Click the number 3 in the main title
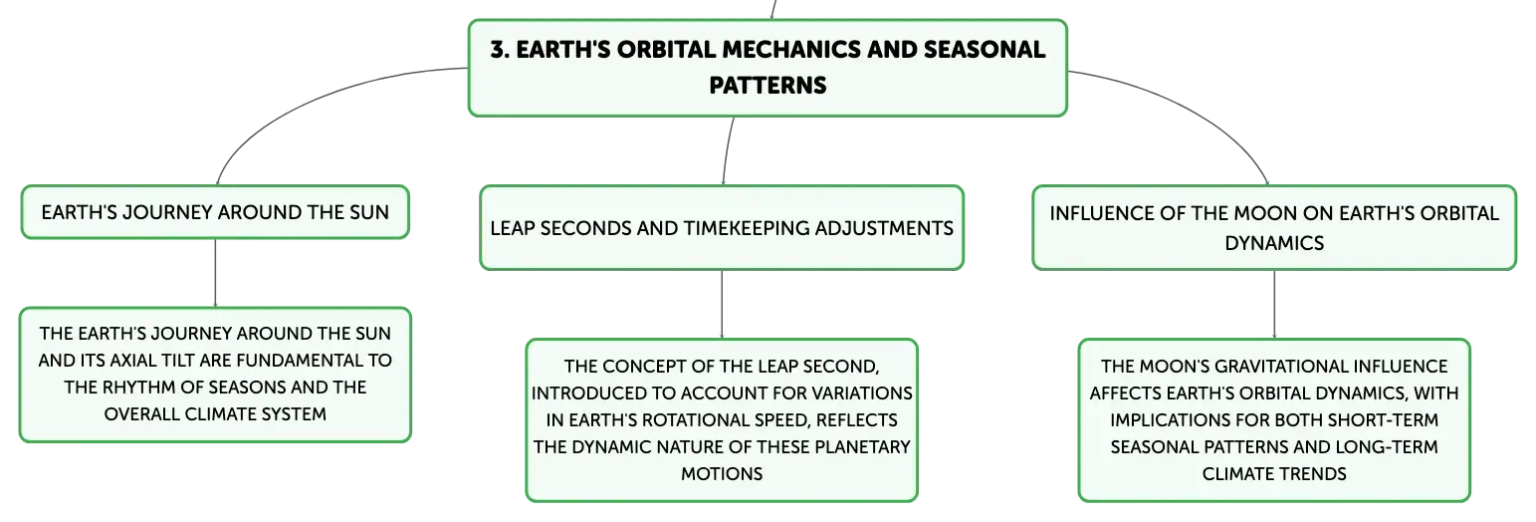click(499, 50)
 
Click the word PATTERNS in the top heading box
click(768, 85)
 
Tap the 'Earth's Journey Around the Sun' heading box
click(215, 212)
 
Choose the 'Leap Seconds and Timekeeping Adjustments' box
click(722, 228)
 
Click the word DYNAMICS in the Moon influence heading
click(1274, 243)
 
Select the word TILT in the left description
click(180, 360)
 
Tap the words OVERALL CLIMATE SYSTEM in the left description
click(215, 414)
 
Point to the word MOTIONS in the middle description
click(722, 474)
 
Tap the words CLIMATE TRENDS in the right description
click(1274, 474)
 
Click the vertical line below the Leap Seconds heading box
click(722, 304)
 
